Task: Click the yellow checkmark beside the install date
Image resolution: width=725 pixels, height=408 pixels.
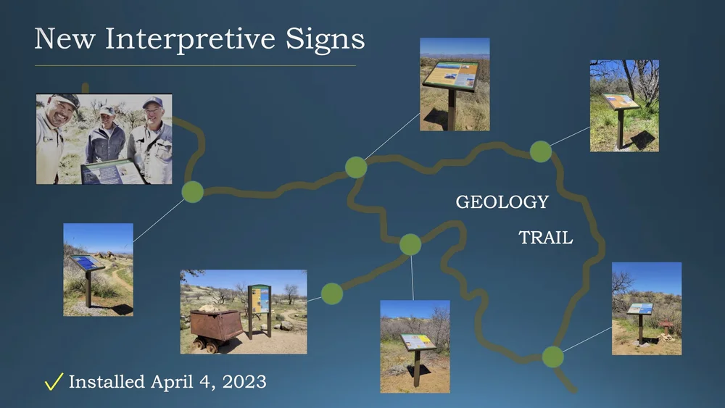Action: (x=54, y=382)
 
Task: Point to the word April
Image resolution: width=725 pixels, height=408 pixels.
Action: (x=173, y=382)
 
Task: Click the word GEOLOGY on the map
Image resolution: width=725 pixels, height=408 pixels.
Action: (x=502, y=202)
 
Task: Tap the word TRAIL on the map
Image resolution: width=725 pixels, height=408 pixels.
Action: (x=545, y=237)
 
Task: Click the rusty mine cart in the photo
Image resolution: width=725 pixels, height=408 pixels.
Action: (x=216, y=323)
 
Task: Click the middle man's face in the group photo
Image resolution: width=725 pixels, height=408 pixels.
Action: (x=107, y=120)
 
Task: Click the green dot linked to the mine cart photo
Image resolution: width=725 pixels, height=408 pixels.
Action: (x=332, y=293)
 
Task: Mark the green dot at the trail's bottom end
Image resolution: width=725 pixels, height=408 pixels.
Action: (x=552, y=357)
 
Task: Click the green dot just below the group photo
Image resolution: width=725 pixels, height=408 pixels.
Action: (x=192, y=192)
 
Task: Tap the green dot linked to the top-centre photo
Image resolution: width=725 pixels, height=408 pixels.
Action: (x=356, y=167)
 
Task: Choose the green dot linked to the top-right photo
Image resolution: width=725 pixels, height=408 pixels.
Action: (x=540, y=151)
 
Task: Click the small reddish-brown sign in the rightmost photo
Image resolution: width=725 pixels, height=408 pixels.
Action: (x=666, y=325)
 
